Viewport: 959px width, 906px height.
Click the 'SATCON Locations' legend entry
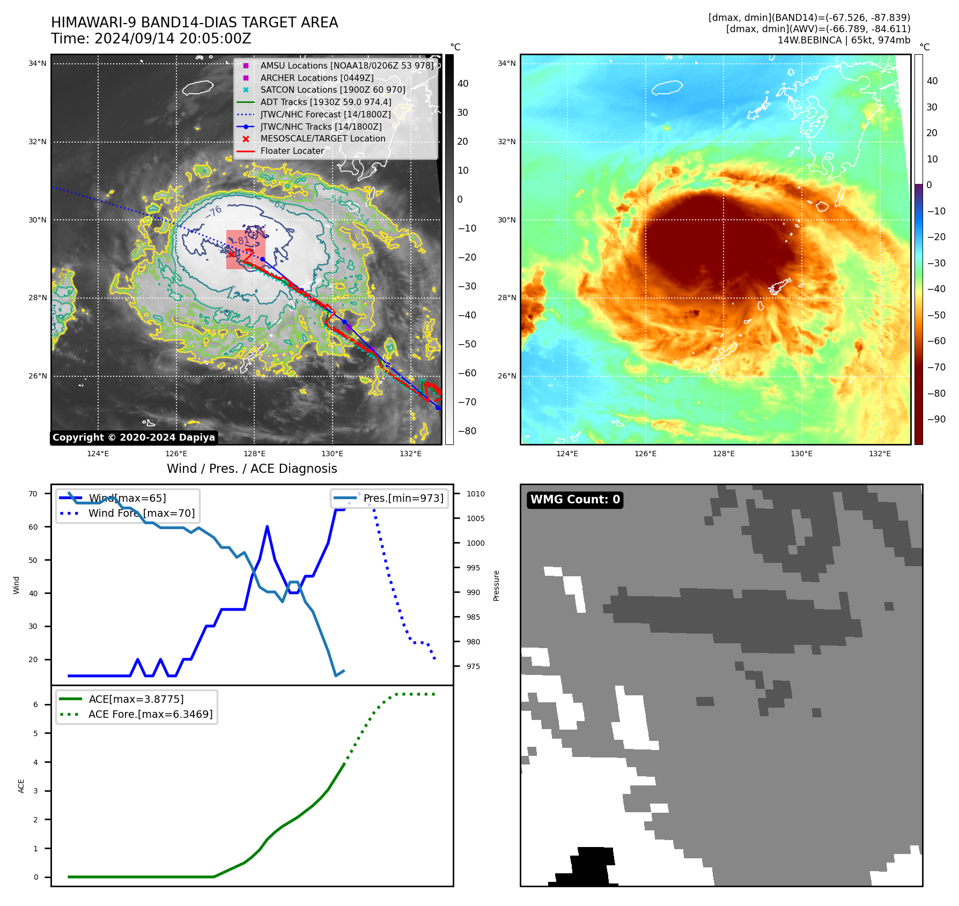(x=333, y=90)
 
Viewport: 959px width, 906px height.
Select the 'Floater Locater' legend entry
(x=292, y=151)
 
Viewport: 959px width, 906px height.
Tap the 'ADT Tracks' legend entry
(x=326, y=102)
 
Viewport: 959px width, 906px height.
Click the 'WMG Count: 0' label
(x=575, y=500)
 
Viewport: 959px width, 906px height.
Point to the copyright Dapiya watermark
(x=134, y=437)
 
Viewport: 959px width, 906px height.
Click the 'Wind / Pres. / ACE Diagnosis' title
(x=252, y=469)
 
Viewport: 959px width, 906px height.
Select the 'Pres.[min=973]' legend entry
(x=403, y=499)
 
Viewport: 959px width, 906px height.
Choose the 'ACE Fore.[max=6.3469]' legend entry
(x=150, y=714)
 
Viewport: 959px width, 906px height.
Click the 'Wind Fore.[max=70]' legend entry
(x=142, y=514)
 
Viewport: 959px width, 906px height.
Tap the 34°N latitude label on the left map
(x=38, y=64)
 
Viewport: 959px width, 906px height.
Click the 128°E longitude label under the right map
(x=724, y=454)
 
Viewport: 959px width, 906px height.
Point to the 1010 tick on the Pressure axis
(x=475, y=494)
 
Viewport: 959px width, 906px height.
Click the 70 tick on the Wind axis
(x=33, y=494)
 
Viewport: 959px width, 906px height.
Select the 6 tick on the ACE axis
(x=36, y=704)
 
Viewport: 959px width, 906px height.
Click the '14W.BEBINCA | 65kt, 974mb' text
(x=844, y=40)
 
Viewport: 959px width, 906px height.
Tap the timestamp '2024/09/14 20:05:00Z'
(x=173, y=39)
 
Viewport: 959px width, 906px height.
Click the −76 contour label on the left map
(x=213, y=212)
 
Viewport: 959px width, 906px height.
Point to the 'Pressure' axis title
(x=497, y=585)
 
